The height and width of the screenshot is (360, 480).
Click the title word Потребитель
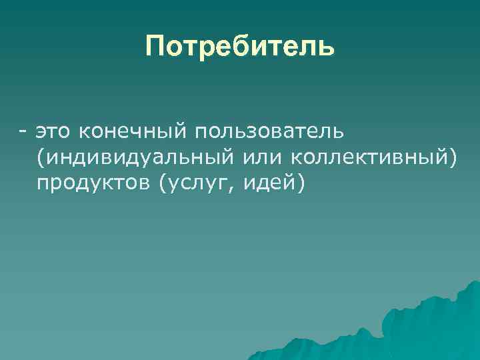(240, 47)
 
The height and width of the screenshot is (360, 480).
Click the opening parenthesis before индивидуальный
(41, 157)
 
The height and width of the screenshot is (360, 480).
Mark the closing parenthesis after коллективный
(453, 157)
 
